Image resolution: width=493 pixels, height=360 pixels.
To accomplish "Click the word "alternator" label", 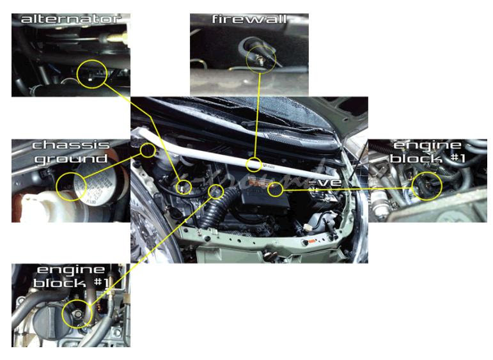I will [x=70, y=19].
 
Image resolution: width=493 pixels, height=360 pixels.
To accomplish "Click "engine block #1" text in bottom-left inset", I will [x=70, y=276].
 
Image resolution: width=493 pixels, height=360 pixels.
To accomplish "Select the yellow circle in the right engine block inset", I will [x=426, y=185].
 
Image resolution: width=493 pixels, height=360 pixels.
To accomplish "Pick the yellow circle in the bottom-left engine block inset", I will [x=77, y=313].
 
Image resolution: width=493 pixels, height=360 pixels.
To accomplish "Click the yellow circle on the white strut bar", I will [x=254, y=164].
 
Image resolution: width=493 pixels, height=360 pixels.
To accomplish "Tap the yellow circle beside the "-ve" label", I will [x=276, y=189].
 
